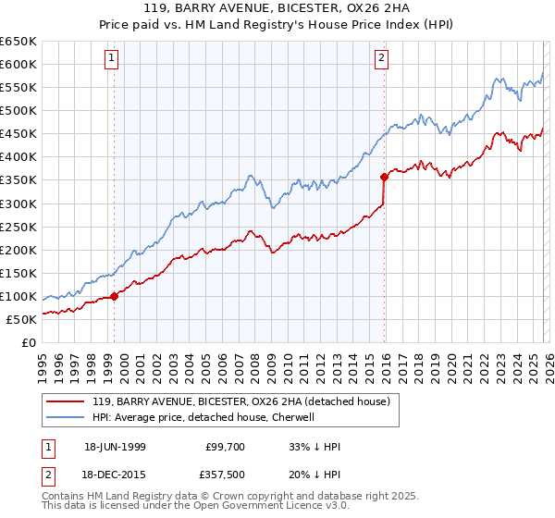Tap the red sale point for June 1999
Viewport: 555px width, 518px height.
pyautogui.click(x=115, y=296)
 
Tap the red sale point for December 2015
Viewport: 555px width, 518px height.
pyautogui.click(x=384, y=176)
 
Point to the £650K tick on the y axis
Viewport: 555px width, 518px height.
pyautogui.click(x=18, y=42)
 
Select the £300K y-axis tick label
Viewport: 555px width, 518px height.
pyautogui.click(x=18, y=203)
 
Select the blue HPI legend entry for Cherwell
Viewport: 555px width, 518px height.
pyautogui.click(x=203, y=417)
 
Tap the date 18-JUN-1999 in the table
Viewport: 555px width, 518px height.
pyautogui.click(x=115, y=447)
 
